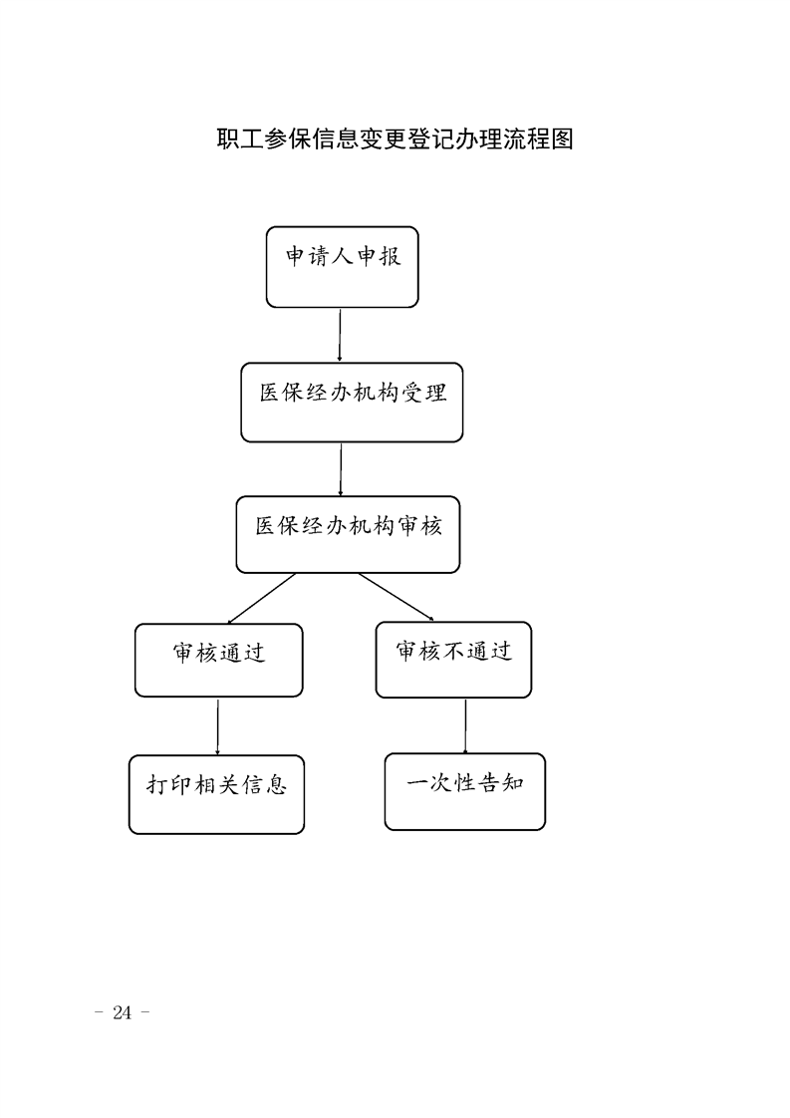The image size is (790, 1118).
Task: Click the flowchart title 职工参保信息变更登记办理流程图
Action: [395, 139]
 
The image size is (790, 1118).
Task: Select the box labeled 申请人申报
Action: [343, 267]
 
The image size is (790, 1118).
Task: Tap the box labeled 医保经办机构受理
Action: [352, 403]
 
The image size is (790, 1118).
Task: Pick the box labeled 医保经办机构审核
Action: [348, 535]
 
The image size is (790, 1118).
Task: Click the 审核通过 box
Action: [219, 661]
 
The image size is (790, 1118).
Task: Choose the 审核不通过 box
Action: [453, 660]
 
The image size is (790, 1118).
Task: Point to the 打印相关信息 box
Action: [217, 794]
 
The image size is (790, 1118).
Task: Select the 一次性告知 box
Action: [465, 791]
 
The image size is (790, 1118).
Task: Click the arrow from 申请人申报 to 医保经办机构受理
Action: [340, 335]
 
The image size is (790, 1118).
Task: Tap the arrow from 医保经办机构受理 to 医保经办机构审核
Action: [341, 469]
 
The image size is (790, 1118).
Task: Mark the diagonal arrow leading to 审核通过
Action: [261, 598]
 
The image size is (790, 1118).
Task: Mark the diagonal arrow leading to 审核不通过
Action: [395, 597]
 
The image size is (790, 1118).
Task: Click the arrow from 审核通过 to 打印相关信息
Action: [217, 726]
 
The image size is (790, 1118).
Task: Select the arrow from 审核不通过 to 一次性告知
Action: [465, 725]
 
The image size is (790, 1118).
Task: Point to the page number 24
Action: [122, 1012]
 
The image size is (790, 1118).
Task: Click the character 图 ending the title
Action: [562, 139]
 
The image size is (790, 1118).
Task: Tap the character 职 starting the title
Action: [228, 139]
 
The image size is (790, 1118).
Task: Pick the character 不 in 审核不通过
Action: [453, 651]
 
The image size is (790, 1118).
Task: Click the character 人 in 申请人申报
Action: [343, 256]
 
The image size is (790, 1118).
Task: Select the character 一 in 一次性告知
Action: [417, 783]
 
